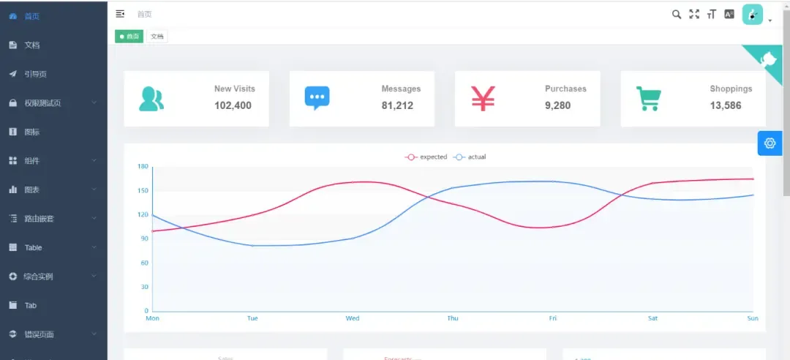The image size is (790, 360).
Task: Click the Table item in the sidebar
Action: pyautogui.click(x=34, y=247)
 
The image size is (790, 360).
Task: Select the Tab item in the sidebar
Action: pyautogui.click(x=31, y=305)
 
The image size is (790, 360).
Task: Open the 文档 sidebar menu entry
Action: pyautogui.click(x=32, y=45)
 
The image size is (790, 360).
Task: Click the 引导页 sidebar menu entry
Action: pyautogui.click(x=35, y=74)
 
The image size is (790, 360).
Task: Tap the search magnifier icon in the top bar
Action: pyautogui.click(x=677, y=14)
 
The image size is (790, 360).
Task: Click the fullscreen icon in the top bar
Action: pyautogui.click(x=694, y=14)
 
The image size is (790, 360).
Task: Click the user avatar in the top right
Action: pyautogui.click(x=753, y=15)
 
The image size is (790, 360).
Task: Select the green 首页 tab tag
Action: pyautogui.click(x=129, y=36)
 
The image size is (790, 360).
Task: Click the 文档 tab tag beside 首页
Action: pyautogui.click(x=157, y=36)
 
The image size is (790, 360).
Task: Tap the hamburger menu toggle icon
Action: pyautogui.click(x=121, y=14)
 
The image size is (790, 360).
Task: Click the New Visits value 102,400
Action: pyautogui.click(x=233, y=105)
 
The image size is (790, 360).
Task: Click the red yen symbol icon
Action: pyautogui.click(x=483, y=98)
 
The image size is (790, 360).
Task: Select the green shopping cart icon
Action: pyautogui.click(x=648, y=98)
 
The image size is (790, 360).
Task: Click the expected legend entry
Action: pyautogui.click(x=426, y=157)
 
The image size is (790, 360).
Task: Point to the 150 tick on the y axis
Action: pyautogui.click(x=143, y=191)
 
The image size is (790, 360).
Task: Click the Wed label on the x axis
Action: pyautogui.click(x=353, y=318)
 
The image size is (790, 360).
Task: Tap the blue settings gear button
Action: pyautogui.click(x=770, y=143)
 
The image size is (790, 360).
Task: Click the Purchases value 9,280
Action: pyautogui.click(x=557, y=105)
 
